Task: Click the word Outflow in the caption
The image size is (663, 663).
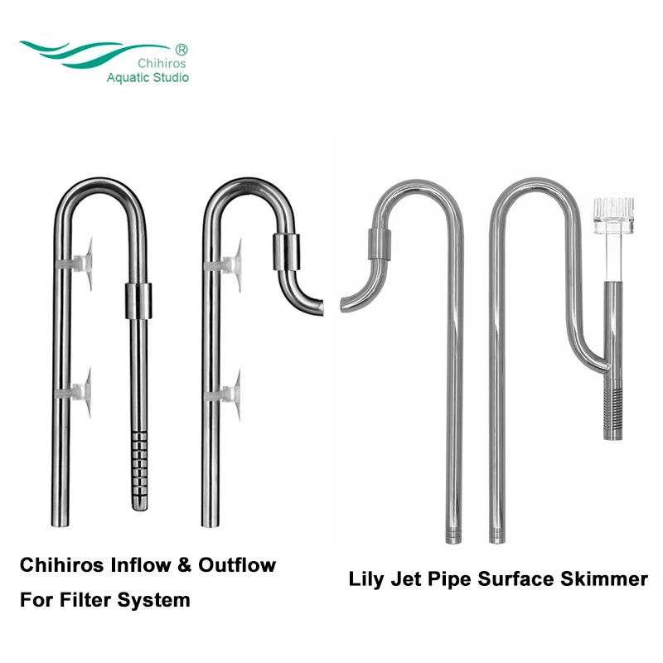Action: (x=238, y=566)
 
